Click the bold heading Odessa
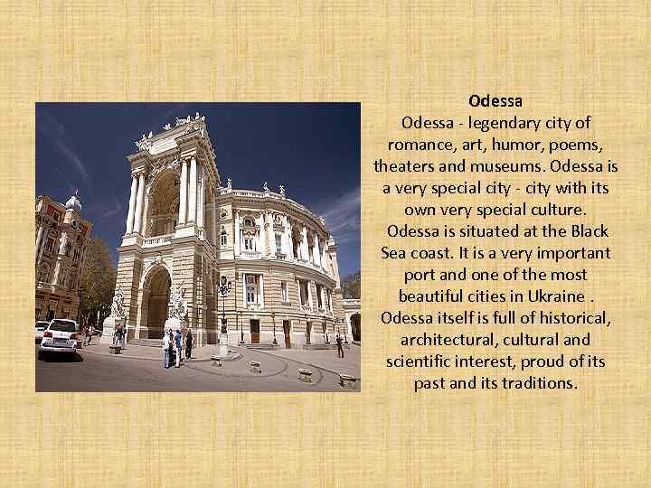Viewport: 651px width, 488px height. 495,101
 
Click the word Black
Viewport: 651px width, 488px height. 587,231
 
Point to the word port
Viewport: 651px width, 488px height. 421,275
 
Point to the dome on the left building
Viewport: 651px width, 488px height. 72,202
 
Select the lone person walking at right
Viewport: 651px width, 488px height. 340,343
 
